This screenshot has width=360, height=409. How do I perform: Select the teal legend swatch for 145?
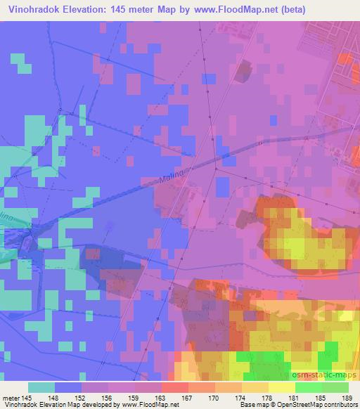pos(41,387)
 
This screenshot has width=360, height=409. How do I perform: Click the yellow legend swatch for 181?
pos(281,387)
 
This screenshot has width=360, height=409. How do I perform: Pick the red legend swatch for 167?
pos(174,387)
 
